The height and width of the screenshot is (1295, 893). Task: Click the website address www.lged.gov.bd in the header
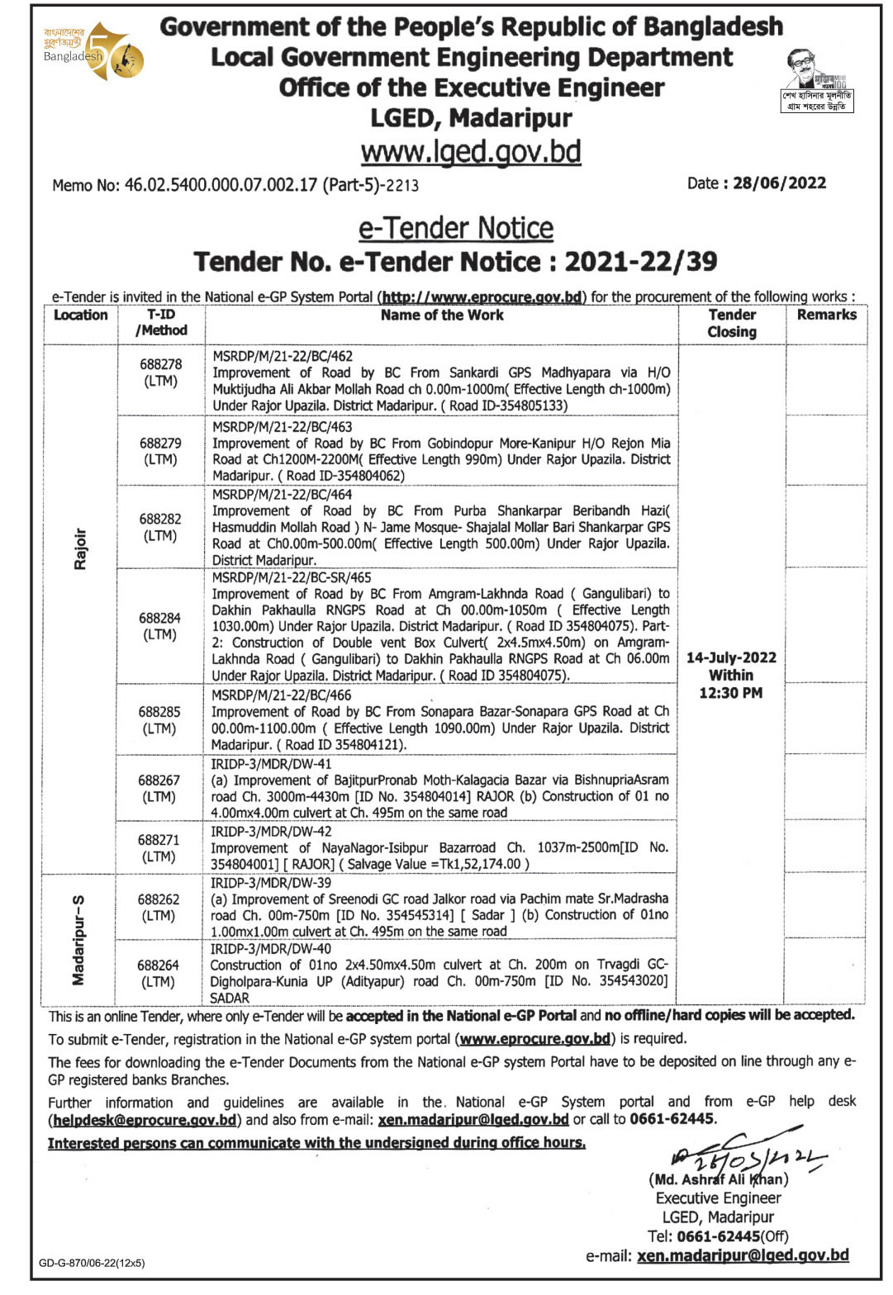point(471,152)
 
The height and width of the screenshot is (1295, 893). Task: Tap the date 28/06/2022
point(779,183)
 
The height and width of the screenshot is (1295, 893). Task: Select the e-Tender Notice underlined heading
point(456,228)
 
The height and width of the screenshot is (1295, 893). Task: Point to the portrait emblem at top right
point(817,80)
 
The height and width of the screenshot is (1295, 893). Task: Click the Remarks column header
point(826,315)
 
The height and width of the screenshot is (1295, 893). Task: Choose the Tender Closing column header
point(732,323)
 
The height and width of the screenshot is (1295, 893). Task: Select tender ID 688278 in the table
point(160,364)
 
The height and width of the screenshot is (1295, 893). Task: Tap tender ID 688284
point(160,618)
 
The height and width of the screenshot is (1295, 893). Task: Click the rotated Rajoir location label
point(80,549)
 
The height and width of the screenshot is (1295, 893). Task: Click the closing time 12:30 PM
point(731,693)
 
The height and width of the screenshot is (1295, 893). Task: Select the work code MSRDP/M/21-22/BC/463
point(283,427)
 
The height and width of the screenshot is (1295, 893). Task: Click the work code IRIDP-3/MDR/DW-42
point(271,832)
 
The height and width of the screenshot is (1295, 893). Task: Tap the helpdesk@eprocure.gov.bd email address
point(145,1120)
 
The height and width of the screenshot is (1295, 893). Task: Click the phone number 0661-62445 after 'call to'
point(672,1119)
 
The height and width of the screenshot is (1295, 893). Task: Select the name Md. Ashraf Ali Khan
point(719,1179)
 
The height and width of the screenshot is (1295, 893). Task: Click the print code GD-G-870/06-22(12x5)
point(92,1263)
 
